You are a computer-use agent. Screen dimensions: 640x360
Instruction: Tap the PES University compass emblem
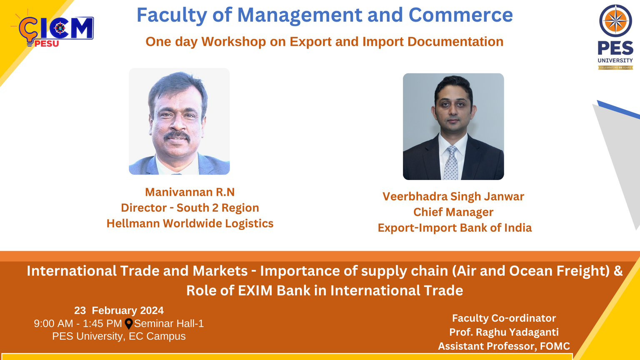[615, 20]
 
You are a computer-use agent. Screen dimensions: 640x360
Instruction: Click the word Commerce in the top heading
[460, 15]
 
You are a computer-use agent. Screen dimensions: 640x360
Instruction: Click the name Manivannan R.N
[190, 192]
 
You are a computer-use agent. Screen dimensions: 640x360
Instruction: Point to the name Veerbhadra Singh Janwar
[453, 197]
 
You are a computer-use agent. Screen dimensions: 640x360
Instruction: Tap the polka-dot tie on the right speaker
[451, 163]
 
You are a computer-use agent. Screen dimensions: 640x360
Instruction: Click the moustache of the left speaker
[177, 136]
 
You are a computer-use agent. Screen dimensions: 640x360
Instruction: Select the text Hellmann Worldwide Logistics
[190, 223]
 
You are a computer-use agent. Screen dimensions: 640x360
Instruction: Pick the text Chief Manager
[453, 212]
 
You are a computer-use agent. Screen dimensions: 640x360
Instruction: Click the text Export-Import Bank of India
[455, 228]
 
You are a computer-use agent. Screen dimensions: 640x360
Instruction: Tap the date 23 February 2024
[119, 310]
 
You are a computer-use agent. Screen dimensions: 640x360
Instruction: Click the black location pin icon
[129, 324]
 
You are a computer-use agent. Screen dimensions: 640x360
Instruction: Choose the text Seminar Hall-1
[169, 323]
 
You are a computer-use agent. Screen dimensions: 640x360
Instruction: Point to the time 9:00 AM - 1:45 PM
[78, 323]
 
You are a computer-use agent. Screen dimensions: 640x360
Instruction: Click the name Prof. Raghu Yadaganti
[504, 332]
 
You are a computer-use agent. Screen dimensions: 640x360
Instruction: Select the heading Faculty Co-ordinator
[504, 318]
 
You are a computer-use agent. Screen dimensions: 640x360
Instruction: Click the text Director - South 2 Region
[190, 208]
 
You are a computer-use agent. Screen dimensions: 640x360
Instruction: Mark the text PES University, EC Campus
[119, 336]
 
